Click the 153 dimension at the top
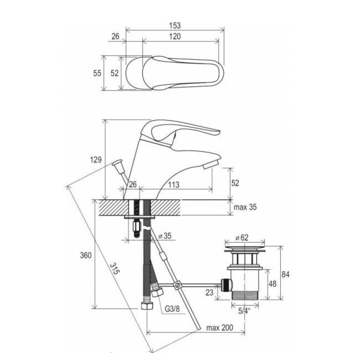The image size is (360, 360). pyautogui.click(x=175, y=25)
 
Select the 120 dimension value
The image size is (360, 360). pyautogui.click(x=175, y=36)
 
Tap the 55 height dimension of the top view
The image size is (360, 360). pyautogui.click(x=97, y=73)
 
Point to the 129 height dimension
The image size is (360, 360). pyautogui.click(x=95, y=159)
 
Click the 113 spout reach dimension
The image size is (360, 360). pyautogui.click(x=174, y=184)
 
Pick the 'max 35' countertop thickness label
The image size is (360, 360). pyautogui.click(x=245, y=207)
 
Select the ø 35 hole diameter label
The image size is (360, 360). pyautogui.click(x=165, y=236)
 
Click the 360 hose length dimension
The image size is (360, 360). pyautogui.click(x=85, y=255)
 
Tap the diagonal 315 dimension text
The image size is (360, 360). pyautogui.click(x=115, y=268)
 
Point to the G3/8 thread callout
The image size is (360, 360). pyautogui.click(x=172, y=309)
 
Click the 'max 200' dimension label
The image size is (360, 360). pyautogui.click(x=220, y=328)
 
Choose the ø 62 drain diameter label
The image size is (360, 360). pyautogui.click(x=242, y=238)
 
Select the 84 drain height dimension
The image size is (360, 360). pyautogui.click(x=285, y=274)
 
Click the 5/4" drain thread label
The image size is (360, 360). pyautogui.click(x=244, y=311)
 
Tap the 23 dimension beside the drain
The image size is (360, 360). pyautogui.click(x=209, y=292)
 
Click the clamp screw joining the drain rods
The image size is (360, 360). pyautogui.click(x=177, y=286)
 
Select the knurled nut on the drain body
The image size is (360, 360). pyautogui.click(x=226, y=285)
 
